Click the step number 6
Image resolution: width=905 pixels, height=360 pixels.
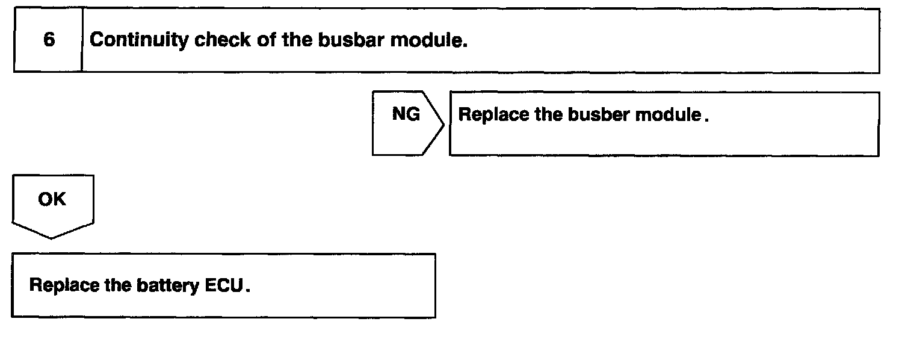pyautogui.click(x=49, y=40)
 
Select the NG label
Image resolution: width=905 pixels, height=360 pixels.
pyautogui.click(x=406, y=114)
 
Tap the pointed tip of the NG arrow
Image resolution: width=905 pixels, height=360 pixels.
pyautogui.click(x=444, y=124)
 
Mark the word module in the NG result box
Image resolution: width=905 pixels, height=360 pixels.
pyautogui.click(x=670, y=114)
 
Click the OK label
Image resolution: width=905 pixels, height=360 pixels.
pyautogui.click(x=52, y=199)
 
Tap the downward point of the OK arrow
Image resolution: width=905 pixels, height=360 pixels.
pyautogui.click(x=52, y=237)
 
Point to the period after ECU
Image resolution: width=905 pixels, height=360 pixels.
pyautogui.click(x=247, y=288)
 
